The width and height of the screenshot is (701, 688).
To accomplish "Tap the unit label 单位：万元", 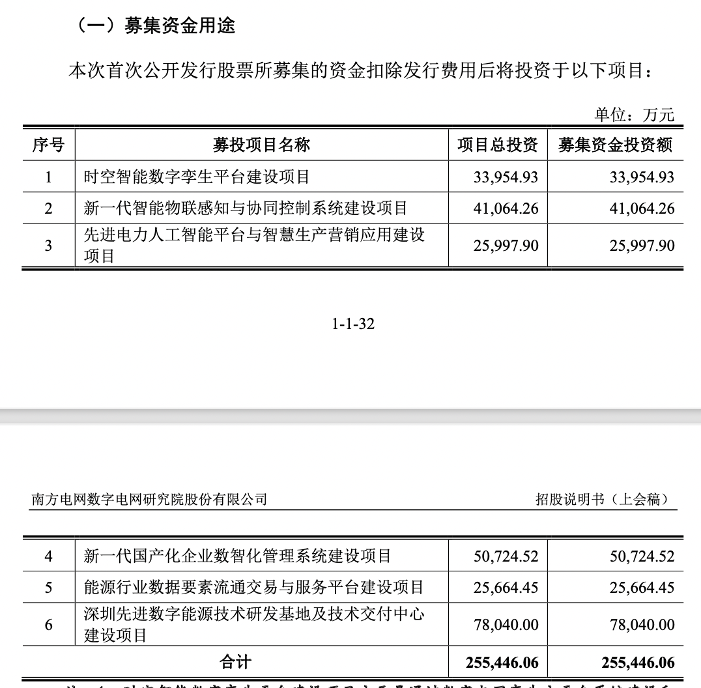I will click(634, 115).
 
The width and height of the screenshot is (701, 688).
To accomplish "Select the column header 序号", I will click(48, 145).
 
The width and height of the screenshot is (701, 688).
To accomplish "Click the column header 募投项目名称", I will click(261, 145).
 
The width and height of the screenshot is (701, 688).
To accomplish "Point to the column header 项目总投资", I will click(497, 145).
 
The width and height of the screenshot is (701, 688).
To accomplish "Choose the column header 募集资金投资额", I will click(615, 145).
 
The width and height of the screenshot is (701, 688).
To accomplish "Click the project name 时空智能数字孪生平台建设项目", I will click(197, 177).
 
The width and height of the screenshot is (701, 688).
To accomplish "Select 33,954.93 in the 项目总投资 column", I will click(506, 177).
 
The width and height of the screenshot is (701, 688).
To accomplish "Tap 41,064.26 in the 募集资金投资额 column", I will click(642, 208).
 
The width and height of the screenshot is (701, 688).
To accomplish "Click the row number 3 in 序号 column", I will click(48, 246).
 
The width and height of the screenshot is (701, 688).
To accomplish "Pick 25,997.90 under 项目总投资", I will click(506, 246).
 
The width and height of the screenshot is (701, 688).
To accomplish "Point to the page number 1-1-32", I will click(353, 323).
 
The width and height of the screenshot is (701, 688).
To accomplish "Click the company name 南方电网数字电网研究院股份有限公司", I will click(149, 500).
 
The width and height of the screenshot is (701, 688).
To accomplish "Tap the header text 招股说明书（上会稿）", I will click(602, 500).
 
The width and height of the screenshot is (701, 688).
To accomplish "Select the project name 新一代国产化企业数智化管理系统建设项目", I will click(238, 556).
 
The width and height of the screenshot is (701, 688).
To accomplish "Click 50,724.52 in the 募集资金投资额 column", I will click(642, 556).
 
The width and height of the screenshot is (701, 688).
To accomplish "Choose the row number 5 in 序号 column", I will click(48, 588).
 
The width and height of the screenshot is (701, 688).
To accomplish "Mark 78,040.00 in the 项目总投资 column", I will click(506, 625).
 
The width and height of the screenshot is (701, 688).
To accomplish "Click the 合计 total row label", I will click(235, 663).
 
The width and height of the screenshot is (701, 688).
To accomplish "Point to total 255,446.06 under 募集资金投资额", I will click(638, 663).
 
